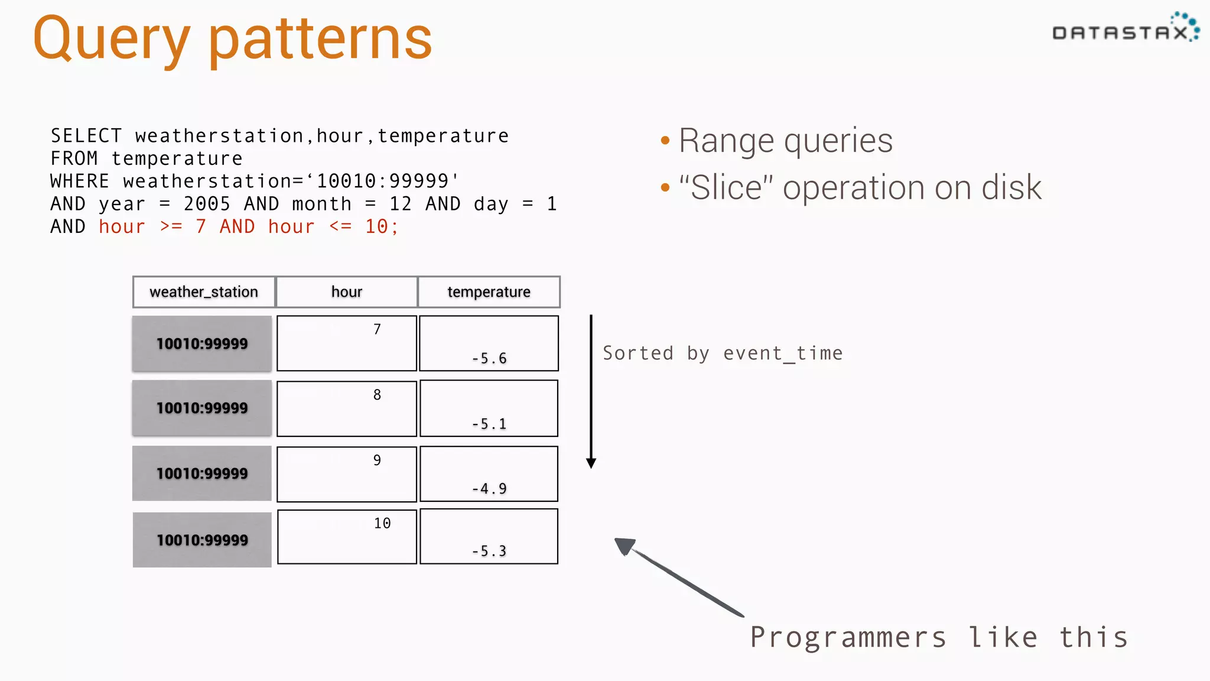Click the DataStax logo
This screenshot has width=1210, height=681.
[1125, 30]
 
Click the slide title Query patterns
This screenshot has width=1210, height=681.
[232, 39]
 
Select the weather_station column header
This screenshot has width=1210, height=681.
[204, 292]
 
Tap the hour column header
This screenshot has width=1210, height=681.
[347, 292]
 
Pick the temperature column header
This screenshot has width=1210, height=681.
[489, 292]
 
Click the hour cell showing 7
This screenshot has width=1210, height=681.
[377, 330]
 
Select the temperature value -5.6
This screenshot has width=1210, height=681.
[489, 358]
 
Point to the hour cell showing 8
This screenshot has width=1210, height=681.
[377, 395]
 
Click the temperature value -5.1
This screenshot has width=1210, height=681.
[489, 424]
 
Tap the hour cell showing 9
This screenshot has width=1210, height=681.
[377, 461]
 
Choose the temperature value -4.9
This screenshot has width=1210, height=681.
[489, 489]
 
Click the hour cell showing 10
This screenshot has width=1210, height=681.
[382, 523]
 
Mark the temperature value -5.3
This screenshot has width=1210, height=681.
[489, 552]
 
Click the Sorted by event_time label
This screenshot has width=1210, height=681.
[723, 354]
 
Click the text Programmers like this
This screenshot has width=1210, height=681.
[939, 637]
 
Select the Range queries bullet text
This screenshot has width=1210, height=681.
[785, 141]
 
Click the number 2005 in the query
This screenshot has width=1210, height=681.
[207, 204]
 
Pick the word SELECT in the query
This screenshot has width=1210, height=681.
[86, 136]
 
